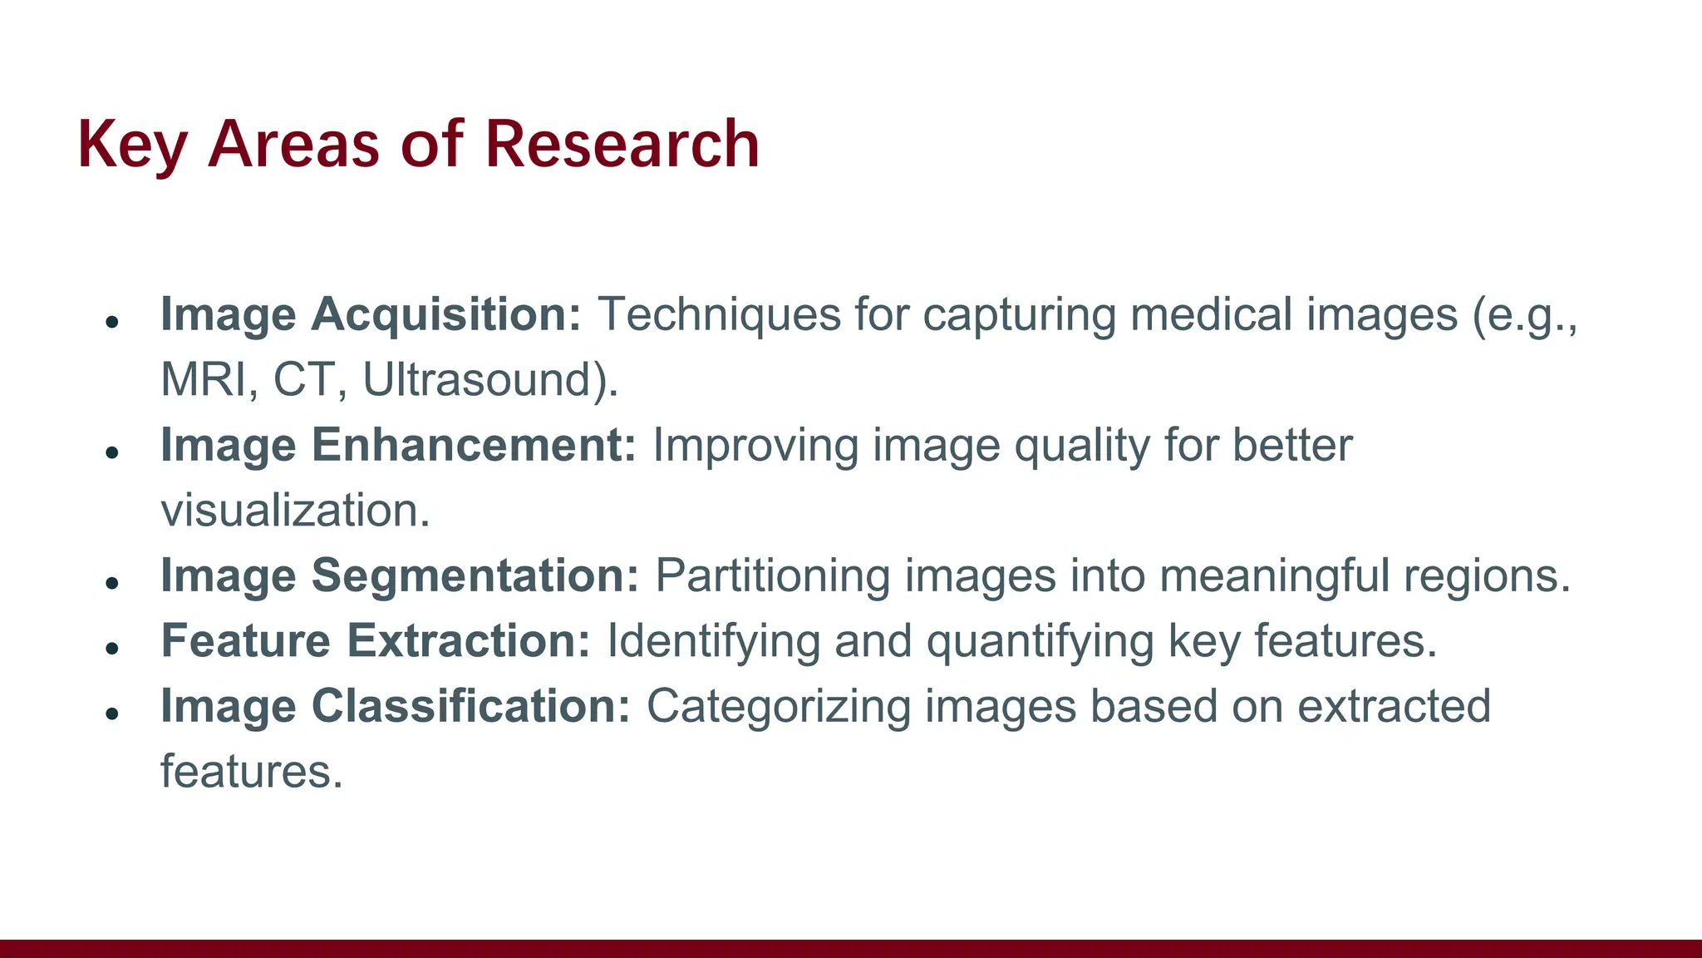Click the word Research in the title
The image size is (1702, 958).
[622, 144]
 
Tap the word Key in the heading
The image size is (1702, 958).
[131, 146]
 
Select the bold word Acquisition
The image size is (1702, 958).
[446, 315]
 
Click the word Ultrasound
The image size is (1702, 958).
[489, 380]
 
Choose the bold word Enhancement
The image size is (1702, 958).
[474, 445]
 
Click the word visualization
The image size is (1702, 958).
[295, 511]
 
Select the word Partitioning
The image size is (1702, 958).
[772, 575]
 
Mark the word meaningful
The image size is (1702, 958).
[1274, 575]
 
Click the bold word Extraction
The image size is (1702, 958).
[468, 641]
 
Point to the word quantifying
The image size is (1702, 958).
[1040, 641]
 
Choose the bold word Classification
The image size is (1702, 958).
[471, 706]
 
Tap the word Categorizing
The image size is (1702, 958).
[778, 706]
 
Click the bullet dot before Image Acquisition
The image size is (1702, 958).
[113, 321]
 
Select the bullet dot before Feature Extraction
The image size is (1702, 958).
[113, 648]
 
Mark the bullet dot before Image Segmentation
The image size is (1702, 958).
[113, 582]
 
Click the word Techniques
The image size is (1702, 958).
[719, 315]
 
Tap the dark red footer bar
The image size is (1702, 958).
[851, 948]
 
